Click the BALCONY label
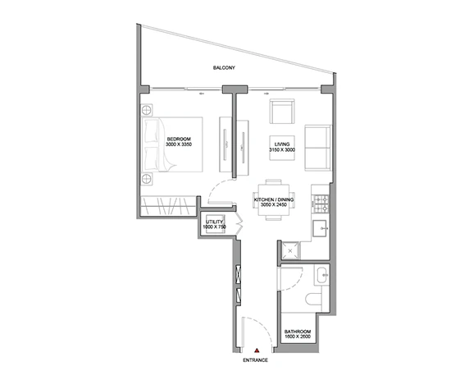click(224, 67)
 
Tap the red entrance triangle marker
click(257, 350)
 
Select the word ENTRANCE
click(256, 360)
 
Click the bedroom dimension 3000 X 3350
click(179, 144)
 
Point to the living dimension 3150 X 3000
click(282, 149)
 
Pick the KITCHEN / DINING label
click(274, 199)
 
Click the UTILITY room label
click(214, 222)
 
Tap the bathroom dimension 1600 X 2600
click(298, 337)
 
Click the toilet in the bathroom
click(313, 299)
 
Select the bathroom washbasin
click(321, 275)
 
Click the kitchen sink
click(321, 228)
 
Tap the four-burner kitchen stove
click(321, 204)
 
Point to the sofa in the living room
click(318, 148)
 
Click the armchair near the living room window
click(282, 112)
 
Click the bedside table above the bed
click(146, 110)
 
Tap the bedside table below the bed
click(146, 179)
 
